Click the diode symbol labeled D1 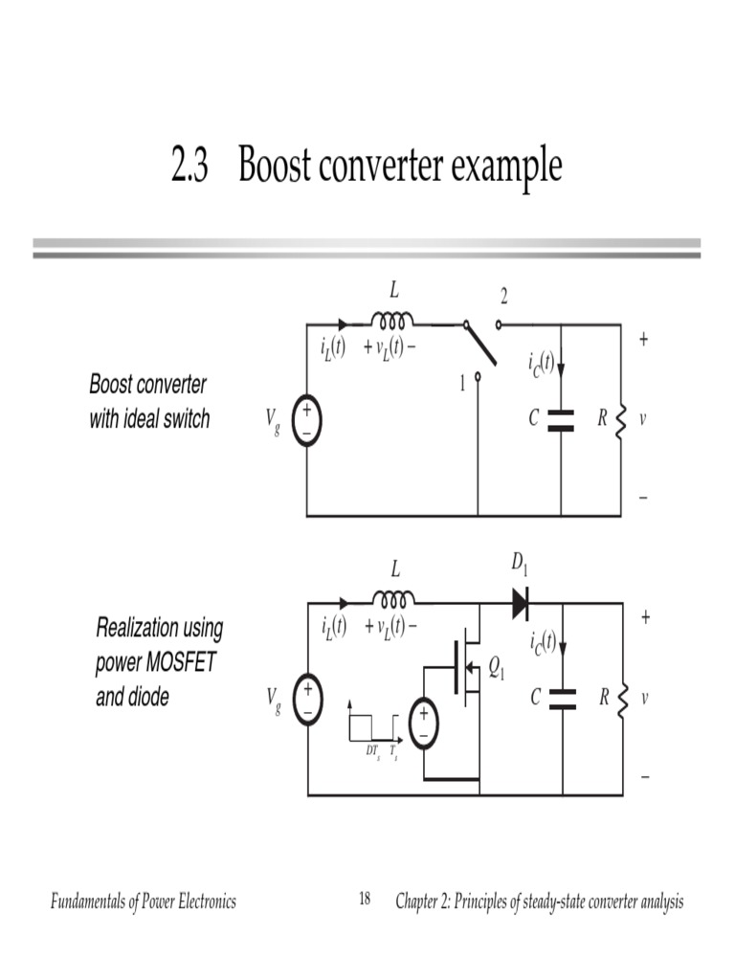coord(520,603)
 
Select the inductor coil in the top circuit coord(393,320)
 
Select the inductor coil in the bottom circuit coord(393,599)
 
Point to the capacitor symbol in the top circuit coord(561,419)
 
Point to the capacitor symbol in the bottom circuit coord(562,699)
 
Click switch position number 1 coord(462,383)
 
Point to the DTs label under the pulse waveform coord(373,752)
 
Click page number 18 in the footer coord(365,900)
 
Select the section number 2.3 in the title coord(189,167)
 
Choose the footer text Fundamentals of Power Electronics coord(143,902)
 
